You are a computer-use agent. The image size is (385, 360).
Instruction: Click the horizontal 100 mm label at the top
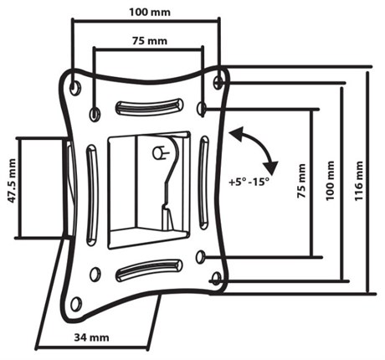coord(150,13)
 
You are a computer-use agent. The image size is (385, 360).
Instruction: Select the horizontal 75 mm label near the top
coord(150,41)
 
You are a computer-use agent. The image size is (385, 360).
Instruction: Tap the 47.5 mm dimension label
coord(12,181)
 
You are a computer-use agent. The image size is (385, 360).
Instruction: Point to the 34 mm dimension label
coord(91,337)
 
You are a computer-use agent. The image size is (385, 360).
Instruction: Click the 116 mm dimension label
coord(358,181)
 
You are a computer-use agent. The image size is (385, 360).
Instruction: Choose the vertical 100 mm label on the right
coord(330,180)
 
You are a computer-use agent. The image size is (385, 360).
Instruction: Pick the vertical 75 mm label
coord(301,181)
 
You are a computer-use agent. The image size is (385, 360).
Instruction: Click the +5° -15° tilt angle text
coord(249,182)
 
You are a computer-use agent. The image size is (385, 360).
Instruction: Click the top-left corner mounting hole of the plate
coord(75,87)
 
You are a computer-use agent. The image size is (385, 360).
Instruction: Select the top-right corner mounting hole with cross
coord(218,82)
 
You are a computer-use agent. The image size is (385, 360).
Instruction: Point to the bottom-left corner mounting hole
coord(76,304)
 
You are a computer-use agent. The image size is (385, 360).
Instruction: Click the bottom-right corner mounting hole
coord(216,279)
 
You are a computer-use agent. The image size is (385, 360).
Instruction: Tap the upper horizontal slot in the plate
coord(149,107)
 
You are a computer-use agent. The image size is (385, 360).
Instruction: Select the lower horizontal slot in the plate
coord(149,270)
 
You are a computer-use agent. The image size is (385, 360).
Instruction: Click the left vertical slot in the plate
coord(92,195)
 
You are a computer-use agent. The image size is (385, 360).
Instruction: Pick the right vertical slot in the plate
coord(203,183)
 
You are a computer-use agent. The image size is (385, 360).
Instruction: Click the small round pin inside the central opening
coord(158,152)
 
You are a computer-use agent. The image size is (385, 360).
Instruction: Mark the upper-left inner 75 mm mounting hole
coord(95,114)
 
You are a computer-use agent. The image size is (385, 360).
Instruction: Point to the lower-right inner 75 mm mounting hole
coord(201,256)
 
